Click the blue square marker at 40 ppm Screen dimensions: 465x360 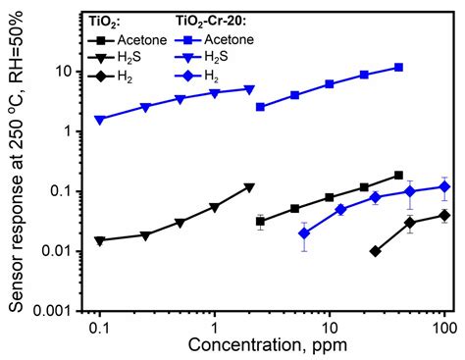(398, 68)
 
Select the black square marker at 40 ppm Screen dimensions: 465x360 (398, 176)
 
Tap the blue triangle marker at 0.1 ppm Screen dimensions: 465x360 (100, 121)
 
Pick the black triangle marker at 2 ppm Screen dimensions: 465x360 (249, 188)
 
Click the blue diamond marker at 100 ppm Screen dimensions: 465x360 (444, 187)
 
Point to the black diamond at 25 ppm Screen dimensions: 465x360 (376, 251)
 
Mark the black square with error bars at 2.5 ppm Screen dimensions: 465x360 (260, 222)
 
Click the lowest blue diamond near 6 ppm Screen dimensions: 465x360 (304, 233)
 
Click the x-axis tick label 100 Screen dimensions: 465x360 (444, 328)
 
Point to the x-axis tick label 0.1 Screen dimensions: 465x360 (100, 328)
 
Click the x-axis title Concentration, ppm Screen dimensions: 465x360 (268, 345)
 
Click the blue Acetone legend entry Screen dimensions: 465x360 (214, 40)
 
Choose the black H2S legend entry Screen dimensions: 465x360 (115, 57)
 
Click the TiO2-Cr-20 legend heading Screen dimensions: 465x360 (211, 22)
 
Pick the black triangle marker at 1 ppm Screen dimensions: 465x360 (214, 208)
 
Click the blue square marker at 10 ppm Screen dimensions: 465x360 (330, 84)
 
